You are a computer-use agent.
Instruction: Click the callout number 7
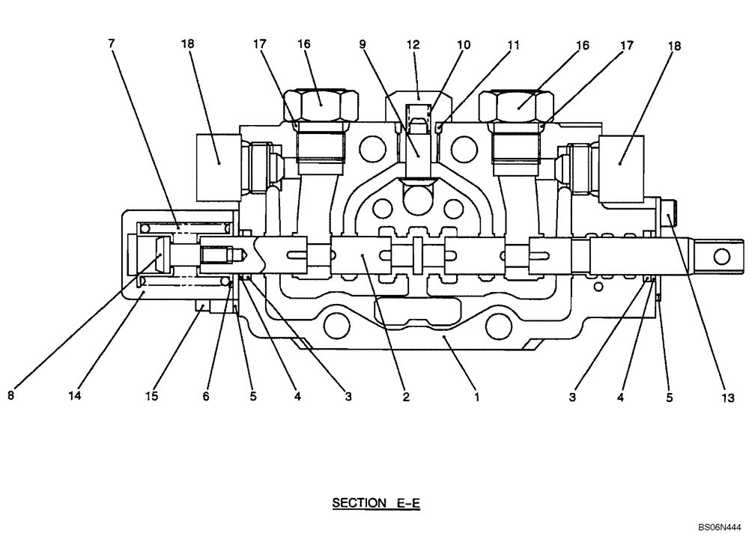112,43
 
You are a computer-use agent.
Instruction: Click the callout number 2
405,398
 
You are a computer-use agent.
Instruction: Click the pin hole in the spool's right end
721,257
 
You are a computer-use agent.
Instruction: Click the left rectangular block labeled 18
217,156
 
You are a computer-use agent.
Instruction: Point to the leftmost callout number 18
187,46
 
